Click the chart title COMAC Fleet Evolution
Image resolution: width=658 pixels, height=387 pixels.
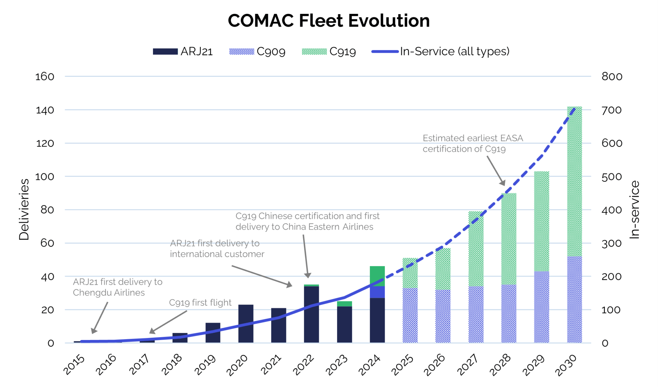point(329,21)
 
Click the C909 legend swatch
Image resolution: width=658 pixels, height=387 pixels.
point(242,51)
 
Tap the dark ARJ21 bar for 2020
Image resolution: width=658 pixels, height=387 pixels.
point(246,323)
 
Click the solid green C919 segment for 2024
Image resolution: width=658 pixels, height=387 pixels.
point(377,276)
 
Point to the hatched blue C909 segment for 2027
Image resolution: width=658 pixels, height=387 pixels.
point(476,314)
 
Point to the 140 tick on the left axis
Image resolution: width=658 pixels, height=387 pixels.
point(45,110)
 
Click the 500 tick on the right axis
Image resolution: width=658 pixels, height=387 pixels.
point(612,177)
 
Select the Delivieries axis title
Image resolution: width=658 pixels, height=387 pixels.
point(24,209)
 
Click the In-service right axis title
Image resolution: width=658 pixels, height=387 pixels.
point(635,209)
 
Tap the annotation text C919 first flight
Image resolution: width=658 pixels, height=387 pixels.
point(200,303)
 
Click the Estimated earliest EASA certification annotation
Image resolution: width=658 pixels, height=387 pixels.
point(472,143)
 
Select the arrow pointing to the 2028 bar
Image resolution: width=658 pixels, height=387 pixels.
point(496,171)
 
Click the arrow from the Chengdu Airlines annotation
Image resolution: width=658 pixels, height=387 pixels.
point(100,318)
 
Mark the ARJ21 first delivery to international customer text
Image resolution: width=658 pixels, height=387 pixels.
point(217,249)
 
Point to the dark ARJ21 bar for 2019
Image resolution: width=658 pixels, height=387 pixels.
point(213,332)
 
